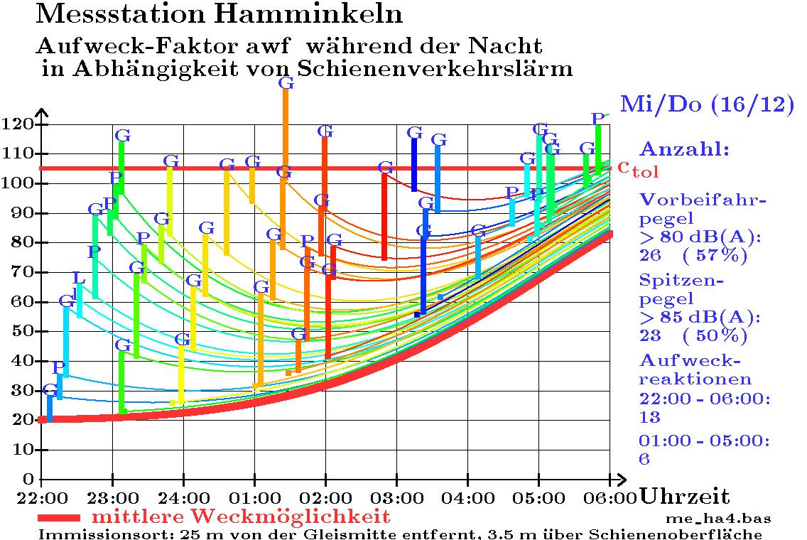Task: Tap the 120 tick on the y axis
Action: tap(21, 124)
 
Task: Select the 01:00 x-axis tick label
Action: tap(254, 495)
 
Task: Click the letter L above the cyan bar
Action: tap(79, 278)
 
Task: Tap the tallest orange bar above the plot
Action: tap(286, 128)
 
